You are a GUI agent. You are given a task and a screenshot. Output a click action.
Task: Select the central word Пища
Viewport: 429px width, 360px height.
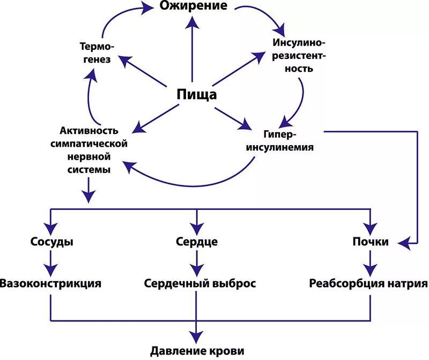[x=197, y=95]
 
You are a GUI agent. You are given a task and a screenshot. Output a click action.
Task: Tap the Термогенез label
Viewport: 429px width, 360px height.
[x=97, y=52]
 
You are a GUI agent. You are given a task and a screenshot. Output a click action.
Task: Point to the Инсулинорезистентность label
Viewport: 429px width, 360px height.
[x=299, y=55]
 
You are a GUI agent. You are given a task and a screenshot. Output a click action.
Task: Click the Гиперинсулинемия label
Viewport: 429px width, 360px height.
[x=289, y=139]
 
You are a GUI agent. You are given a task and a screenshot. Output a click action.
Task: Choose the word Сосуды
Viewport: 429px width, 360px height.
[x=51, y=242]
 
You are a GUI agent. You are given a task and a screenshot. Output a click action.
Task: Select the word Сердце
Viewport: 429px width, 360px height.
[x=197, y=242]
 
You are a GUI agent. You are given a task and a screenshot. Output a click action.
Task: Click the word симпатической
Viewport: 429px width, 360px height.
[x=89, y=144]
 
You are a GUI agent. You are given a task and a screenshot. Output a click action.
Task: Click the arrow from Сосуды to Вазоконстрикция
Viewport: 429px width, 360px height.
[x=51, y=262]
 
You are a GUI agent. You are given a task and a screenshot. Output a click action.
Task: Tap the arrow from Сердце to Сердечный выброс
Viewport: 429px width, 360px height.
[x=197, y=262]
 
